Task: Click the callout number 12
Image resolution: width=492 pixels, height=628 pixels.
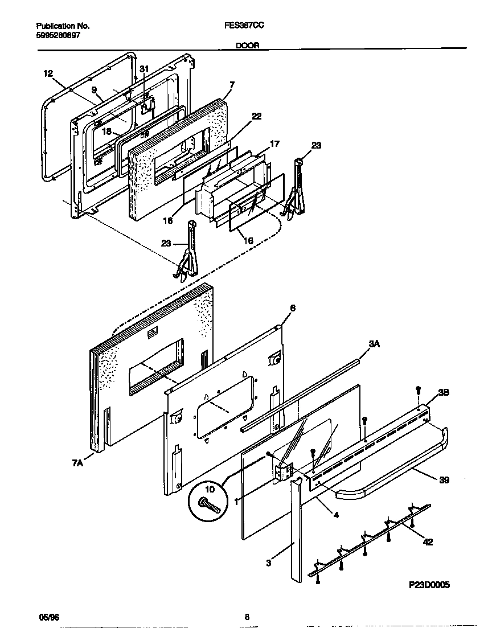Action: (48, 73)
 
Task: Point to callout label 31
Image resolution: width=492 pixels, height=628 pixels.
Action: (144, 69)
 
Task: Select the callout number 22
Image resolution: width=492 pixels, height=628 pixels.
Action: (257, 116)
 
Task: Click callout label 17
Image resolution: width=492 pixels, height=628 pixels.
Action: (274, 144)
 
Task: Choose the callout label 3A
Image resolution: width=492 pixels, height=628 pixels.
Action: (374, 344)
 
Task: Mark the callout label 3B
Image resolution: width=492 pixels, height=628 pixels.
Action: (444, 392)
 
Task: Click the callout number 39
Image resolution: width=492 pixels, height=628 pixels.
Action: (444, 480)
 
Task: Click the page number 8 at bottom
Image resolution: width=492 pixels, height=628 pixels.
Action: (247, 616)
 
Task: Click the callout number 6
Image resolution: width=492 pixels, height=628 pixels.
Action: (293, 308)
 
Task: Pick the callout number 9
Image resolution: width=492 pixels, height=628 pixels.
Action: (94, 89)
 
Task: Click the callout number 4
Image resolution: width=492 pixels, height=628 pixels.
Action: (335, 515)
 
